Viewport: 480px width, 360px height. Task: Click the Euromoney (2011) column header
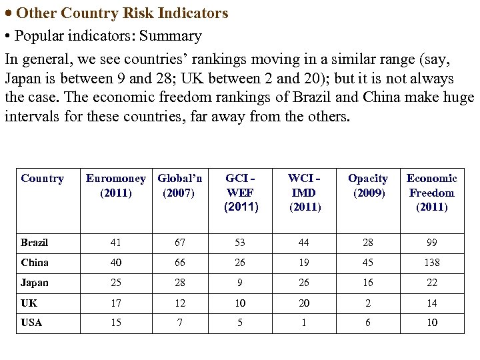[x=115, y=185]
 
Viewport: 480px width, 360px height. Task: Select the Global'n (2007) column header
[x=179, y=185]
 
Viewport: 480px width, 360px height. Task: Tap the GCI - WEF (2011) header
[x=240, y=193]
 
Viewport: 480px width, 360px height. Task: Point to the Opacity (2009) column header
[x=368, y=185]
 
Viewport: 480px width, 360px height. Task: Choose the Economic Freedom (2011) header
[x=432, y=193]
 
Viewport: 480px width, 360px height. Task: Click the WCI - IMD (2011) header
[x=304, y=193]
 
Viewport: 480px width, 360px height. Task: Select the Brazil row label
[x=35, y=243]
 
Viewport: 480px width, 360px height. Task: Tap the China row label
[x=35, y=263]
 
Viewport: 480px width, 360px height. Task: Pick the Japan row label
[x=35, y=283]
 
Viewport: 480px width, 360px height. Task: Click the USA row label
[x=31, y=323]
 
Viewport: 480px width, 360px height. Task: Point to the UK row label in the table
[x=29, y=303]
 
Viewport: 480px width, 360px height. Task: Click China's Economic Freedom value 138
[x=432, y=263]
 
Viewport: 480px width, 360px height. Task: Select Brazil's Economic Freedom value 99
[x=432, y=243]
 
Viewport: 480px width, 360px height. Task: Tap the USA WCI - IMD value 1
[x=304, y=323]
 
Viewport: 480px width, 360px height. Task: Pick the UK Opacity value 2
[x=368, y=303]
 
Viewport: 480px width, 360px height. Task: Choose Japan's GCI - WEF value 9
[x=240, y=283]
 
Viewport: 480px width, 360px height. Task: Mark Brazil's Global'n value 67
[x=179, y=243]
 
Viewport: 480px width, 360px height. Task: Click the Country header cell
[x=43, y=178]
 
